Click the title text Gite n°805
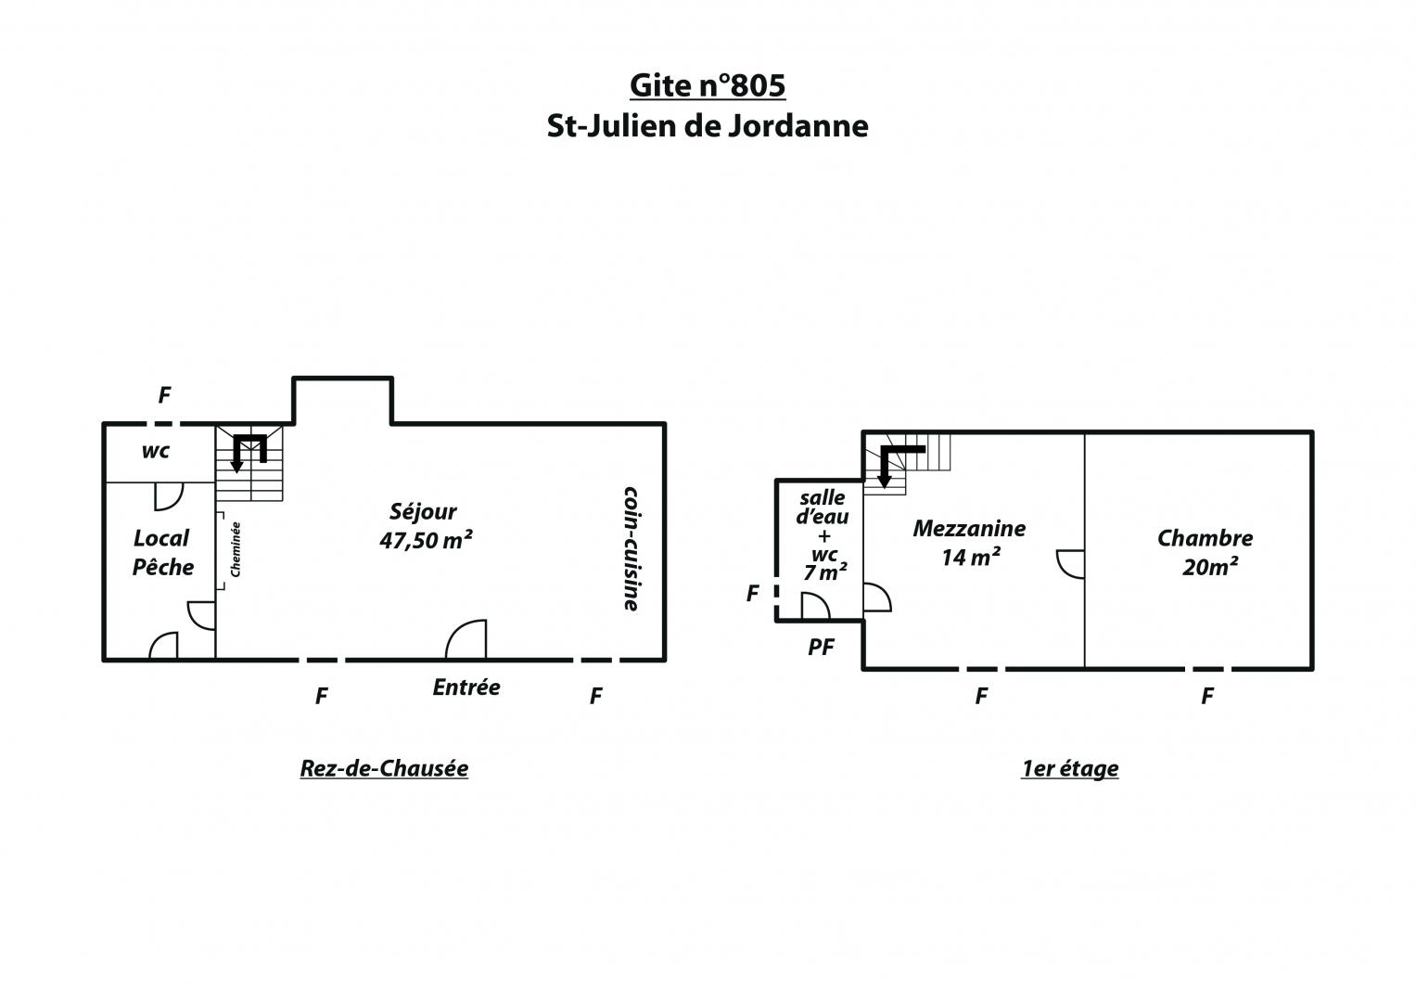(x=708, y=85)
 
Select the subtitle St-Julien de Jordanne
(x=708, y=126)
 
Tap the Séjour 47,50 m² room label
(x=426, y=526)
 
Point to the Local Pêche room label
(x=162, y=552)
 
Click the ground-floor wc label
(x=156, y=452)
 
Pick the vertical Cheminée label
(x=236, y=549)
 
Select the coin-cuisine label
(x=631, y=548)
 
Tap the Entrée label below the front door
(x=466, y=687)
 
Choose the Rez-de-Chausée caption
(x=384, y=768)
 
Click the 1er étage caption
(x=1069, y=768)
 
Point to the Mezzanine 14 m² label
(x=969, y=542)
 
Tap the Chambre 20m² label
(x=1205, y=552)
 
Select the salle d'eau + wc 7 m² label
(x=823, y=534)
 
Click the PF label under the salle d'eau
(x=822, y=647)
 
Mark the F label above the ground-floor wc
(x=164, y=395)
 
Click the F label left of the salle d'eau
(x=752, y=594)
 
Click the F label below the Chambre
(x=1207, y=696)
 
